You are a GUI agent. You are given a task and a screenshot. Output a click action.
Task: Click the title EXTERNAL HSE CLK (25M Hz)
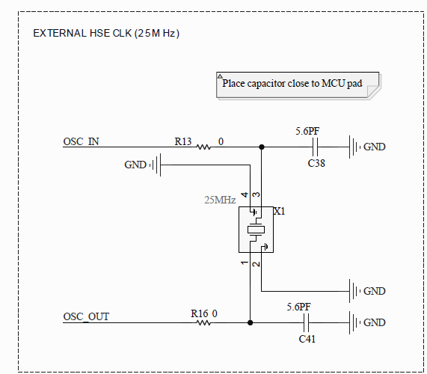(x=106, y=34)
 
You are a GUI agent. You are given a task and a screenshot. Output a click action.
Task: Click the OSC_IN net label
(x=82, y=141)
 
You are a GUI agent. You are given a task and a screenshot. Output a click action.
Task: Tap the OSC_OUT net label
(x=86, y=316)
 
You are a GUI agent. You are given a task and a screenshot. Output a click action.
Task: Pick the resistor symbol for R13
(x=203, y=147)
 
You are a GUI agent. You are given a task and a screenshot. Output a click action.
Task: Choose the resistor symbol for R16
(x=203, y=323)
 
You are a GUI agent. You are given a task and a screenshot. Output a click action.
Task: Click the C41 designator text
(x=307, y=339)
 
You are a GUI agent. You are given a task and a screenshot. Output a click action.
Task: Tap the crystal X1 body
(x=255, y=229)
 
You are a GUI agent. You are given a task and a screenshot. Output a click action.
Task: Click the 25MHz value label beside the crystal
(x=220, y=200)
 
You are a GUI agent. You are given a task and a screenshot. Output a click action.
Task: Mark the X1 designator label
(x=279, y=212)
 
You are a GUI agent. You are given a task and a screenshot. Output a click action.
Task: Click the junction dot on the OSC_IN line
(x=261, y=147)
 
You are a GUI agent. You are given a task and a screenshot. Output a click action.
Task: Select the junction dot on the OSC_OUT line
(x=249, y=323)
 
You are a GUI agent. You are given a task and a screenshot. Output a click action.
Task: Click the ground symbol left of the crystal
(x=156, y=165)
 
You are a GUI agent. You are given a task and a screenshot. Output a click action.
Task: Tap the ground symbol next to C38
(x=356, y=147)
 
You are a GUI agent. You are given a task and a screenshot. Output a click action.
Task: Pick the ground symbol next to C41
(x=356, y=323)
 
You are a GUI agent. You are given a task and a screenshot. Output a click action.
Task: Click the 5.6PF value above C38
(x=308, y=131)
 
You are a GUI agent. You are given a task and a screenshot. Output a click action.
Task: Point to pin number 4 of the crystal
(x=245, y=194)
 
